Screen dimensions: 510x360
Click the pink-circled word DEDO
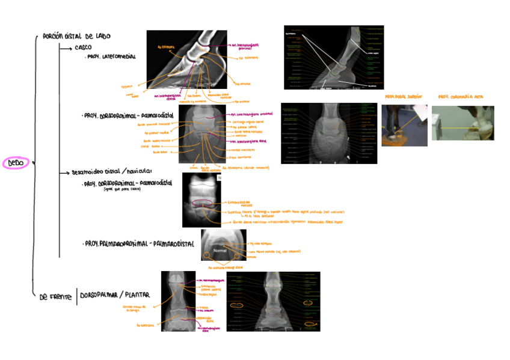16,163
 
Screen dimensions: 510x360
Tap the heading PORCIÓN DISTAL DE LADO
76,37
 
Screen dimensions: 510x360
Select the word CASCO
83,47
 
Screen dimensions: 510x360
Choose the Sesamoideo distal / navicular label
112,172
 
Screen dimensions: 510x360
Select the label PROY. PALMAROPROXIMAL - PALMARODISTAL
139,244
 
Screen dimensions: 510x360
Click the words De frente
55,297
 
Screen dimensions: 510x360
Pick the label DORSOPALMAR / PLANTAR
115,294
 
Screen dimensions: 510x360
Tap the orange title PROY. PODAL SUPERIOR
404,97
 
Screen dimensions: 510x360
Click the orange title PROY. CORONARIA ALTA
461,97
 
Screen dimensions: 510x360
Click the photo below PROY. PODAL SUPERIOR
404,125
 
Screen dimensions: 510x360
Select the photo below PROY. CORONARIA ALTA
462,123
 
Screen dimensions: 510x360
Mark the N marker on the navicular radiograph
219,178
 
